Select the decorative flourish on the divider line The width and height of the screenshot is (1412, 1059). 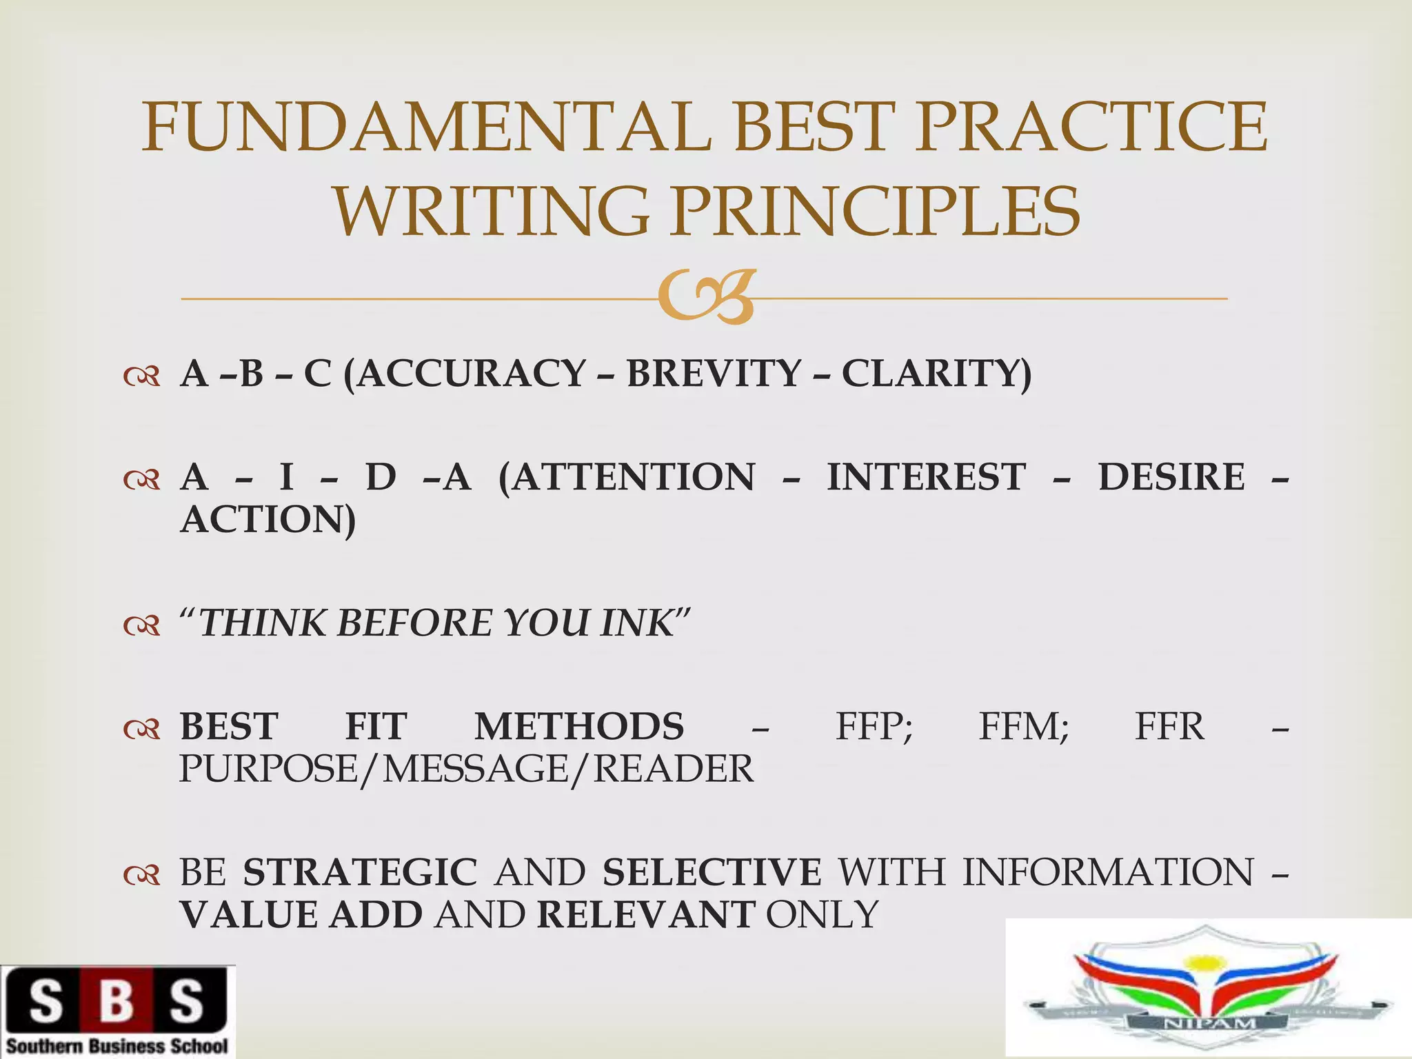[705, 298]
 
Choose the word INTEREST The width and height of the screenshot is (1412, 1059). [926, 477]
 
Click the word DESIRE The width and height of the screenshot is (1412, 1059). [1171, 477]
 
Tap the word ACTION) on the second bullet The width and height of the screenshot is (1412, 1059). [268, 519]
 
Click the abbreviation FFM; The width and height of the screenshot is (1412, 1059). [1024, 727]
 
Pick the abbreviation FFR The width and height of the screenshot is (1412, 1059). [1169, 727]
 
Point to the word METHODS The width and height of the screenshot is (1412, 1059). [579, 727]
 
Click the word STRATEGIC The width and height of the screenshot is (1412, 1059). [360, 872]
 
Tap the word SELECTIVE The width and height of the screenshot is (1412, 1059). [712, 872]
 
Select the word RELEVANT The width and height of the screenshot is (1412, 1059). [645, 915]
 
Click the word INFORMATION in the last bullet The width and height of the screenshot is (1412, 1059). [1108, 872]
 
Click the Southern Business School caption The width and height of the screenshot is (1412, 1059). [117, 1046]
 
